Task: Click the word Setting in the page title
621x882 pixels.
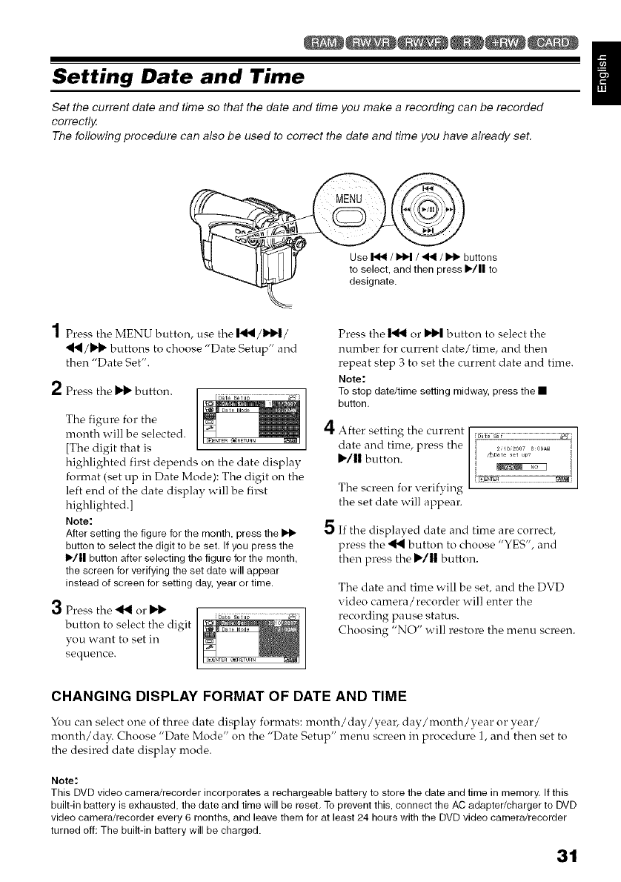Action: point(90,76)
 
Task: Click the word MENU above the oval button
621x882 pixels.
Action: point(364,201)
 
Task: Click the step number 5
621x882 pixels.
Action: point(333,548)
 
